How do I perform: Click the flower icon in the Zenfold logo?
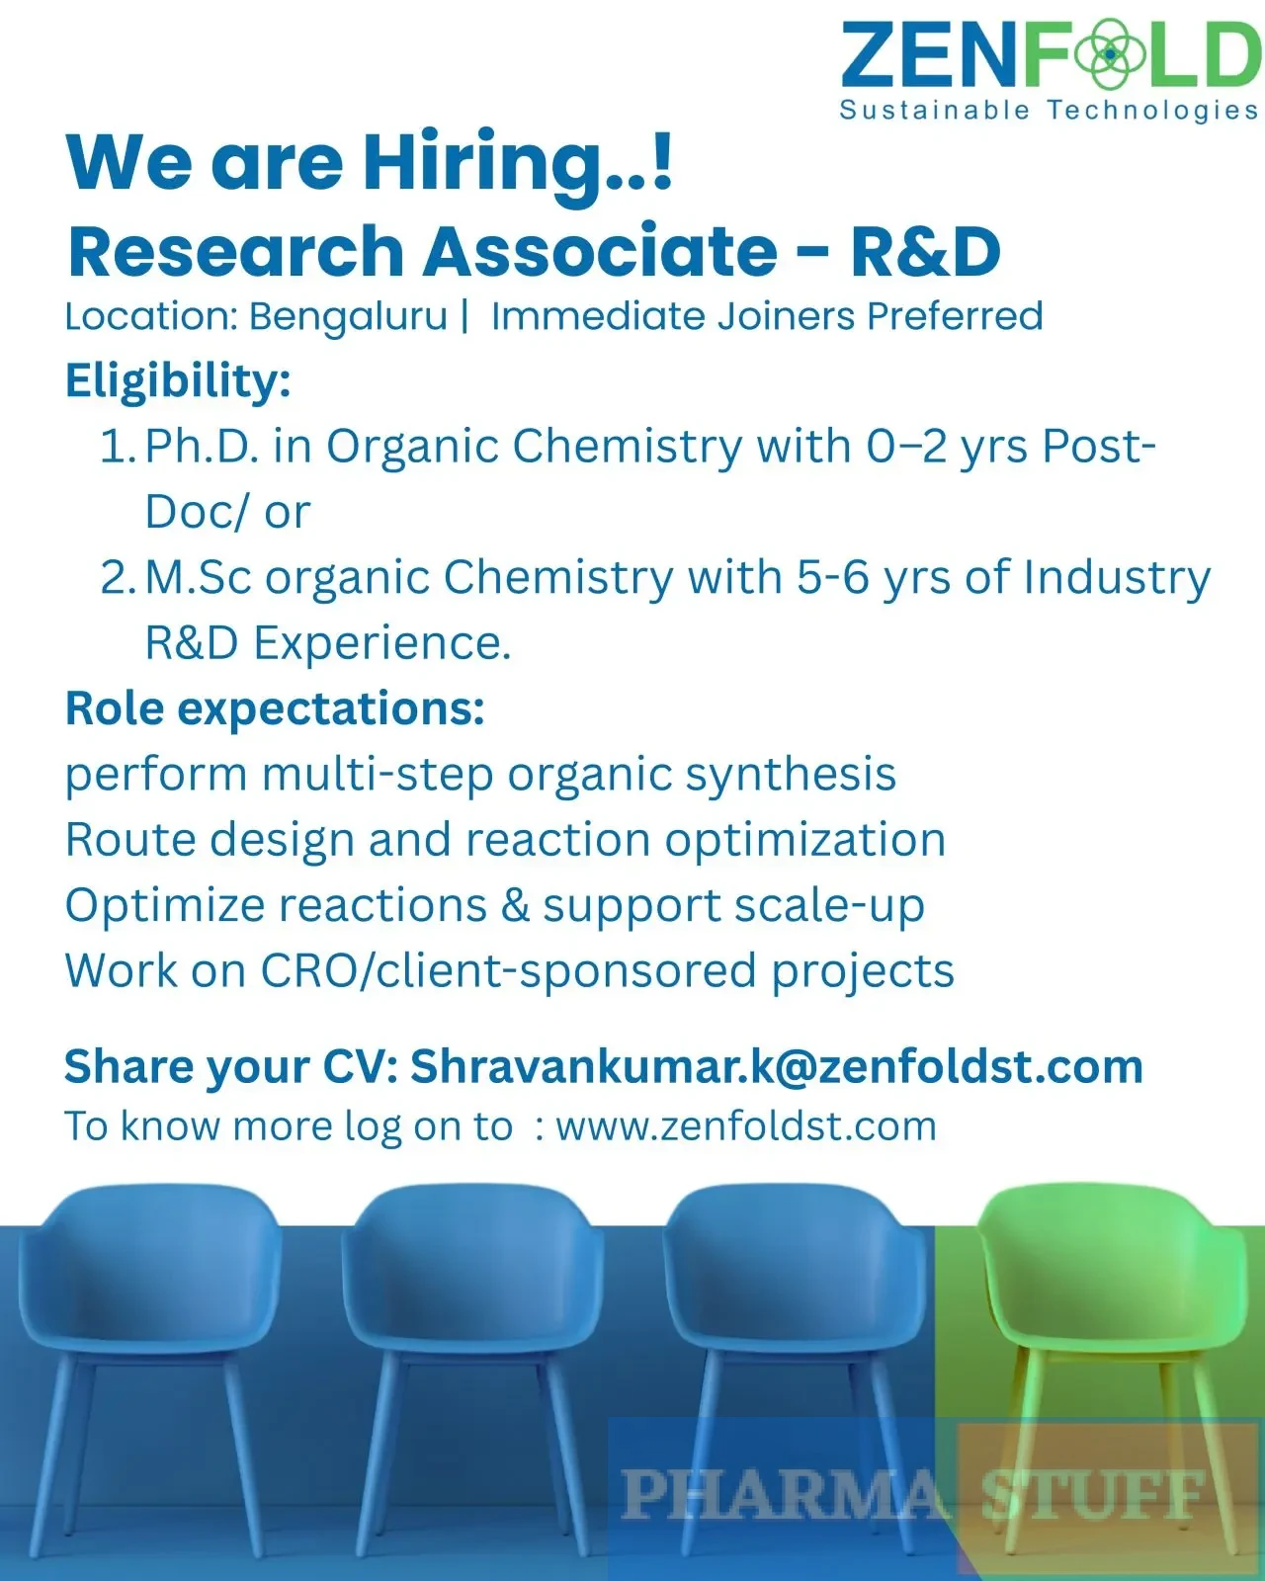coord(1109,53)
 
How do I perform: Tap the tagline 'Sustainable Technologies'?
coord(1050,111)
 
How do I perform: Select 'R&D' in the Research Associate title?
coord(925,251)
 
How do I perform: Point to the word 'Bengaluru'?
coord(348,317)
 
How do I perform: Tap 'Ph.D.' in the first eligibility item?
coord(203,446)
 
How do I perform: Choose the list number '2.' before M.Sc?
coord(118,577)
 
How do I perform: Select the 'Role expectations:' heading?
coord(275,708)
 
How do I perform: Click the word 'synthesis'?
coord(791,775)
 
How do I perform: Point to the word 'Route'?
coord(130,839)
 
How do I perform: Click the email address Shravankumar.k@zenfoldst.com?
coord(776,1067)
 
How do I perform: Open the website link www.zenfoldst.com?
coord(746,1126)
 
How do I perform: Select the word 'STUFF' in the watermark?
coord(1093,1494)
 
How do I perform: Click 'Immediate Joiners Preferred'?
coord(767,317)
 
